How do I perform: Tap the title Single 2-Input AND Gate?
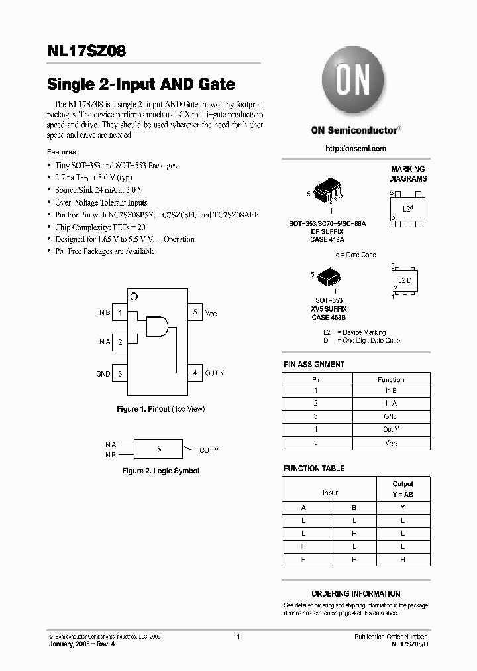coord(140,84)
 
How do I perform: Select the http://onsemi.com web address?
coord(355,149)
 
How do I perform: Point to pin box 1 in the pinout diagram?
coord(120,312)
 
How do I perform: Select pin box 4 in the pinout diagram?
coord(195,373)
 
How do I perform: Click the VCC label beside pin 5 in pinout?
coord(211,312)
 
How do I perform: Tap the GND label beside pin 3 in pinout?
coord(103,374)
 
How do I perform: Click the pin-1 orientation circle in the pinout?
coord(133,296)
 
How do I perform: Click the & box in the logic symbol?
coord(158,449)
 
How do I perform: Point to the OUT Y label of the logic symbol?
coord(209,450)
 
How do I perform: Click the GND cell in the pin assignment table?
coord(391,416)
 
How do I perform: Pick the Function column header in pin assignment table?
coord(391,379)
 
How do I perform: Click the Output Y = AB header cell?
coord(403,489)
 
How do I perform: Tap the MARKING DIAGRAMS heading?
coord(407,174)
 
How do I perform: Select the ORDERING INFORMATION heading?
coord(356,594)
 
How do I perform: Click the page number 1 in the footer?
coord(238,637)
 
